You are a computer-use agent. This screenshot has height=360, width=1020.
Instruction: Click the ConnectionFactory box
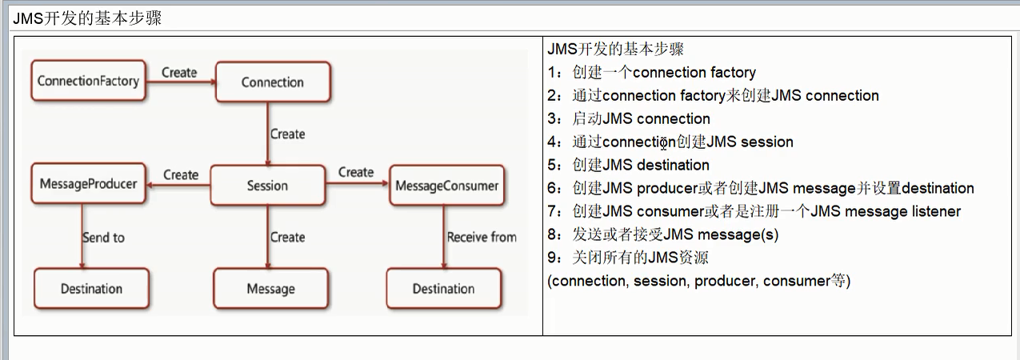click(88, 81)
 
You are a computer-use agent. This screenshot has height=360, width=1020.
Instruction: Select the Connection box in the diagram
click(272, 82)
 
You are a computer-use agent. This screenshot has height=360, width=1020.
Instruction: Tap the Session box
click(267, 186)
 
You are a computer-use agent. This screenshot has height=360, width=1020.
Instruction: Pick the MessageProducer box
click(88, 185)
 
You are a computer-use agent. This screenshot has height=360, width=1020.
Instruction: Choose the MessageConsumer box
click(447, 186)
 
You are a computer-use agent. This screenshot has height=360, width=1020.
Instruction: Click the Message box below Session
click(270, 289)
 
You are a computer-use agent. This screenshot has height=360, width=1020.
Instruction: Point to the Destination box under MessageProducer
click(91, 289)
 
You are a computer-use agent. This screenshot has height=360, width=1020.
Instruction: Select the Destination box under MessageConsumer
click(443, 289)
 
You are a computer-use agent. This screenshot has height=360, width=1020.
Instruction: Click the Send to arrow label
click(103, 238)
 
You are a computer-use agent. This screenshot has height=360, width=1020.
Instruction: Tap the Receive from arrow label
click(482, 238)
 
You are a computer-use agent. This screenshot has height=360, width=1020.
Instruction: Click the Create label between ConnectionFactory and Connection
click(179, 72)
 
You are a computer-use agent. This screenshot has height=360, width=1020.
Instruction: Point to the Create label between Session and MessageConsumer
click(356, 172)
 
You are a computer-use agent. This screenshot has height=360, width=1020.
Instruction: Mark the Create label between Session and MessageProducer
click(181, 174)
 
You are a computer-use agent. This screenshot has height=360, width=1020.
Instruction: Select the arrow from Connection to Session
click(267, 134)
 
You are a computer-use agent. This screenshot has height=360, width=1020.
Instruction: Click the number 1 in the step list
click(552, 73)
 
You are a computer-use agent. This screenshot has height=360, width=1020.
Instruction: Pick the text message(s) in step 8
click(738, 235)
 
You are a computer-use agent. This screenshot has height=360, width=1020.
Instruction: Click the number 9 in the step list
click(552, 258)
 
